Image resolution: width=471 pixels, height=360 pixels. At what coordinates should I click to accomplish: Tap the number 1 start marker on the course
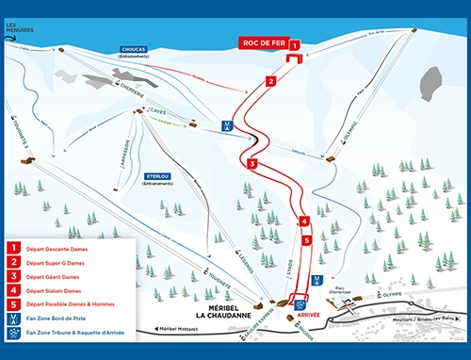[294, 44]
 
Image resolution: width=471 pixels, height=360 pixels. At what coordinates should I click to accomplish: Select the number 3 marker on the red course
[252, 164]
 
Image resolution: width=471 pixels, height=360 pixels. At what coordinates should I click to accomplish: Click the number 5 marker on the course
[306, 240]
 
